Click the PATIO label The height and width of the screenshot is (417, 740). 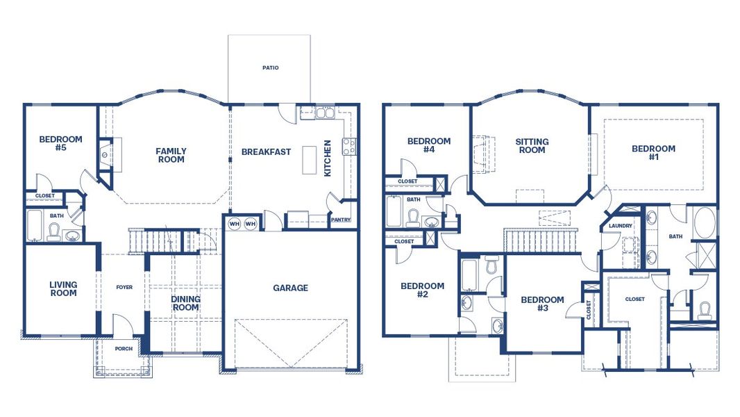(x=270, y=68)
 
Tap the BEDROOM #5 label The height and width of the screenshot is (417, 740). (x=60, y=143)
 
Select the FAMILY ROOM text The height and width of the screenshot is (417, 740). (x=171, y=155)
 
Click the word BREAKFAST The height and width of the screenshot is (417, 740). (x=266, y=152)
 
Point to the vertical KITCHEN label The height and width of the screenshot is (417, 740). (x=328, y=158)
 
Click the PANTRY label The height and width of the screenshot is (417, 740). (x=340, y=220)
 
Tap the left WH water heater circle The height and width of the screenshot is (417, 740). (x=235, y=224)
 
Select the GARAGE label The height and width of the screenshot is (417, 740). (x=290, y=288)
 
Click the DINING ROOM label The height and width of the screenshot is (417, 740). (x=185, y=303)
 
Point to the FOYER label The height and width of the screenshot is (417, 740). (x=124, y=287)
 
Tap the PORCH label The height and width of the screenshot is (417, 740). (x=124, y=349)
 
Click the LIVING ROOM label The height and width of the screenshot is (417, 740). (x=63, y=288)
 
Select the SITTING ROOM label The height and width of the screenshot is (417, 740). (x=532, y=145)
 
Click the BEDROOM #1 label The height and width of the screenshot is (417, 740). (x=653, y=152)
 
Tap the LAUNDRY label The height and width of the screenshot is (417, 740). (x=620, y=226)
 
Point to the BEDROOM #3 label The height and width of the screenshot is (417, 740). (x=542, y=304)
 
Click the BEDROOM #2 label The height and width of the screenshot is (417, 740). (x=422, y=290)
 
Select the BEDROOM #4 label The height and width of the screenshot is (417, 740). (x=428, y=145)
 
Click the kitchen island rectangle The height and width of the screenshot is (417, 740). (x=308, y=163)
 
